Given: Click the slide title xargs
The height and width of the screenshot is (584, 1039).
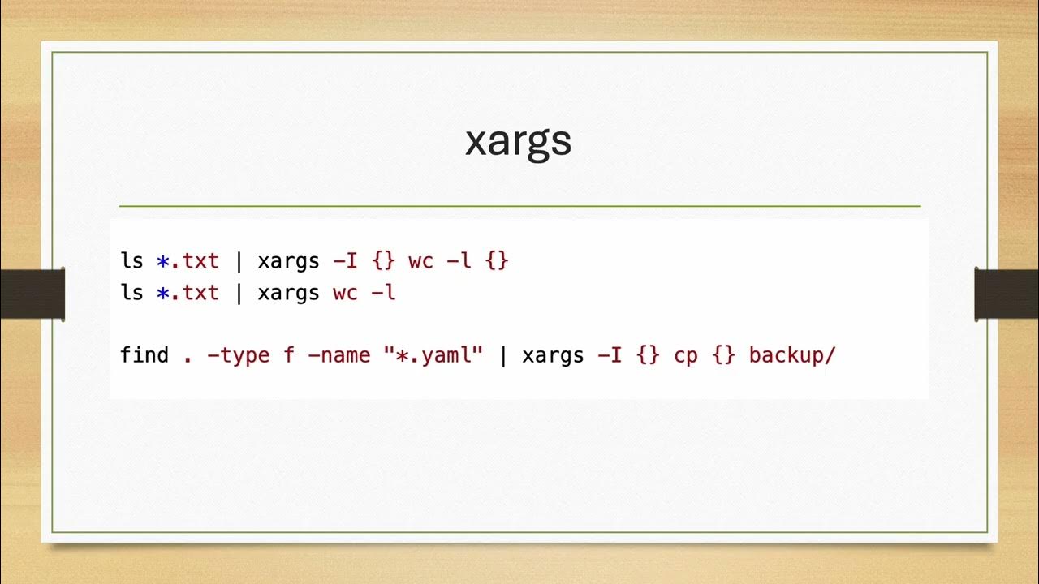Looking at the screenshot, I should [x=518, y=142].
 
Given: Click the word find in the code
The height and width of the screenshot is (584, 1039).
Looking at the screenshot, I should [x=144, y=354].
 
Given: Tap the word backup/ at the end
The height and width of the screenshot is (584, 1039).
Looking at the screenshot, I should [x=791, y=354].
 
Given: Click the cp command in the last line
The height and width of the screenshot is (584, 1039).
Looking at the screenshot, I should [x=685, y=356].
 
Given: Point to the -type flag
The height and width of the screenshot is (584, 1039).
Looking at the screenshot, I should [x=239, y=355].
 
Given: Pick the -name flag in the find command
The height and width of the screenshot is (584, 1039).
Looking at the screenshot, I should [x=339, y=354].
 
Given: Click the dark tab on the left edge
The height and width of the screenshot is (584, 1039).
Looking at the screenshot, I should [x=32, y=293].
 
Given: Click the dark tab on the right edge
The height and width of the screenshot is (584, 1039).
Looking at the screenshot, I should [x=1007, y=293].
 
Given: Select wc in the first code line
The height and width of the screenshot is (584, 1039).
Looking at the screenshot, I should [x=420, y=261].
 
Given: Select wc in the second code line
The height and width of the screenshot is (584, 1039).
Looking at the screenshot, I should [x=345, y=292].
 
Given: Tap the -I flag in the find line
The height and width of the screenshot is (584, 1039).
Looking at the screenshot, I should [x=610, y=354].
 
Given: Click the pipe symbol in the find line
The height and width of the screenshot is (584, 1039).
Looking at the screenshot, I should [x=503, y=354].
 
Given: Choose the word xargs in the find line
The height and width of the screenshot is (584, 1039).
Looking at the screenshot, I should [x=553, y=356].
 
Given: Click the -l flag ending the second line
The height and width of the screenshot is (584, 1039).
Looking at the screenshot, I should [x=383, y=292].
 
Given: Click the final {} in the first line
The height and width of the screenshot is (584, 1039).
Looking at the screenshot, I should [x=497, y=261].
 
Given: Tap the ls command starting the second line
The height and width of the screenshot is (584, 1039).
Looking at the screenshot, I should [x=131, y=292].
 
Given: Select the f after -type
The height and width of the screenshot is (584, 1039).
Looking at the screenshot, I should [x=289, y=354].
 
